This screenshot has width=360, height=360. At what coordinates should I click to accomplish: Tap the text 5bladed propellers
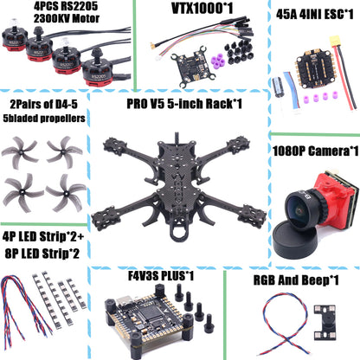[x=45, y=118]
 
